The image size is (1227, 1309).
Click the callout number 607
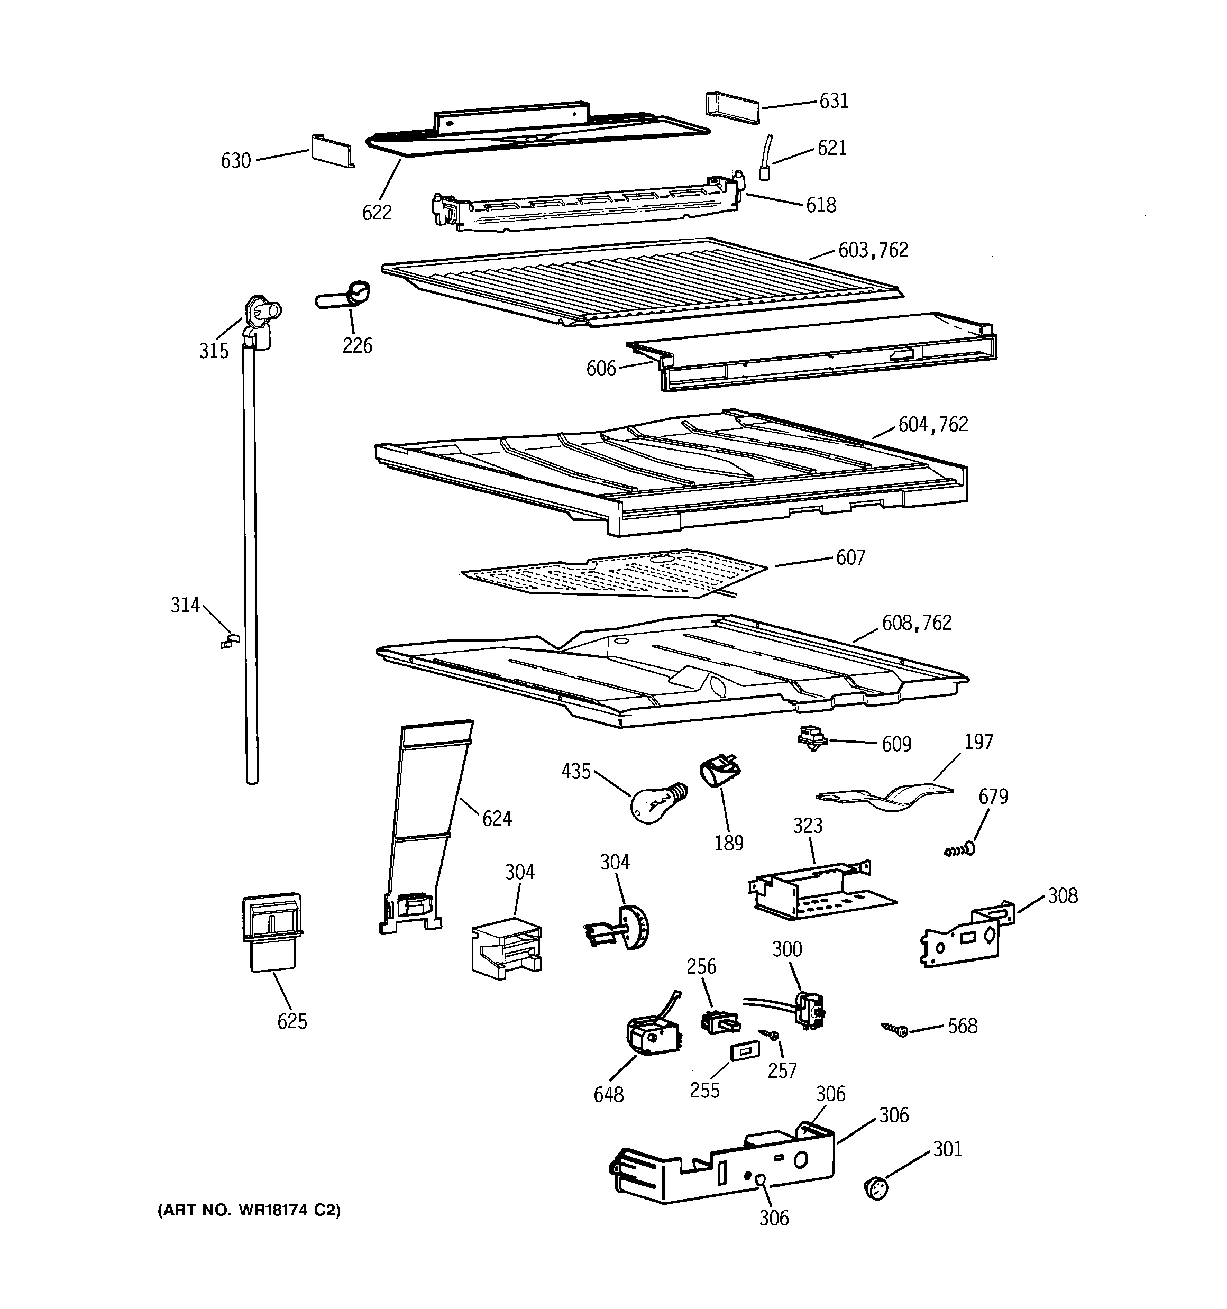[x=850, y=557]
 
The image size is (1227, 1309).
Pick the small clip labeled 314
[x=230, y=640]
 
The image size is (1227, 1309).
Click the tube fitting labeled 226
[x=344, y=295]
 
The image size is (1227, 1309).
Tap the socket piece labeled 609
[x=811, y=739]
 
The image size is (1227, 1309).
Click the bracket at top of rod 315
[x=260, y=318]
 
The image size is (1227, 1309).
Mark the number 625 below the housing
[x=292, y=1021]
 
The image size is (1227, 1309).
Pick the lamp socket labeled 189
[x=719, y=771]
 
